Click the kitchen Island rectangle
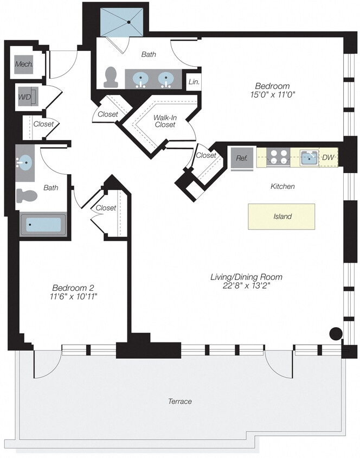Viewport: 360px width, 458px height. [x=281, y=216]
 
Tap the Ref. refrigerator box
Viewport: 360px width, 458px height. [x=241, y=158]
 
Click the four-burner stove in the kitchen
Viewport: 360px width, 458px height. [x=279, y=157]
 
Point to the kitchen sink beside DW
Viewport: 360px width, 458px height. [x=309, y=158]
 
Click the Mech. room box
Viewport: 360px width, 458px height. [x=24, y=65]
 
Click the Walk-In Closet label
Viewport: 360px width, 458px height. [x=165, y=120]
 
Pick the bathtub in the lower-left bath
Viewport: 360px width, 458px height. [x=43, y=225]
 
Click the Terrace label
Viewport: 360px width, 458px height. [x=179, y=402]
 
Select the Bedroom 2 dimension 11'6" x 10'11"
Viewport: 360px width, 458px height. [x=74, y=296]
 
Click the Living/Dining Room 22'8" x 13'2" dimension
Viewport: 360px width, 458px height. [x=246, y=285]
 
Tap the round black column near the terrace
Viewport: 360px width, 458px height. [x=336, y=334]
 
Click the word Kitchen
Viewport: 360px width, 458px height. [x=282, y=186]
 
